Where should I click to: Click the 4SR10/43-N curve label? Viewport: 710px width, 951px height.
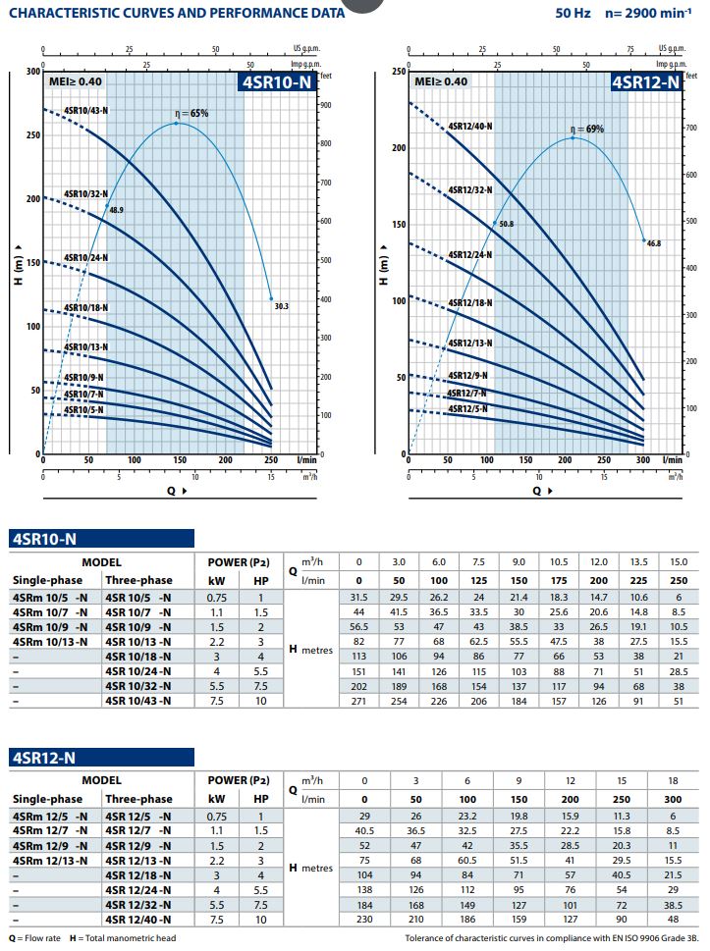pyautogui.click(x=85, y=110)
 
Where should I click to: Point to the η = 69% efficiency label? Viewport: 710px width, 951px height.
pyautogui.click(x=586, y=129)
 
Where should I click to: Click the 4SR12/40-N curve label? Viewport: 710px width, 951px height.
pyautogui.click(x=470, y=127)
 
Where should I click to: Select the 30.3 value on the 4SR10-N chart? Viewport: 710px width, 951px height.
pyautogui.click(x=281, y=306)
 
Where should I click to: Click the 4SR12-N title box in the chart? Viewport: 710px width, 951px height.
pyautogui.click(x=646, y=82)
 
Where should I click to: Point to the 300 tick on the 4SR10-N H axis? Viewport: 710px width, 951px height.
pyautogui.click(x=33, y=72)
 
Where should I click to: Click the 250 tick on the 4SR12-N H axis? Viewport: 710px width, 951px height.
pyautogui.click(x=398, y=72)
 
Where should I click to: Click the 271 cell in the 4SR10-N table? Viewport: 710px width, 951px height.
pyautogui.click(x=358, y=700)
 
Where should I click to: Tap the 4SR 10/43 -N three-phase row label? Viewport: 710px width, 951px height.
pyautogui.click(x=137, y=700)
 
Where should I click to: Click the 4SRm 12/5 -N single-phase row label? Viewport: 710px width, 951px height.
pyautogui.click(x=49, y=816)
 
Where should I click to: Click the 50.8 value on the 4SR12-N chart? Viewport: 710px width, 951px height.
pyautogui.click(x=507, y=225)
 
